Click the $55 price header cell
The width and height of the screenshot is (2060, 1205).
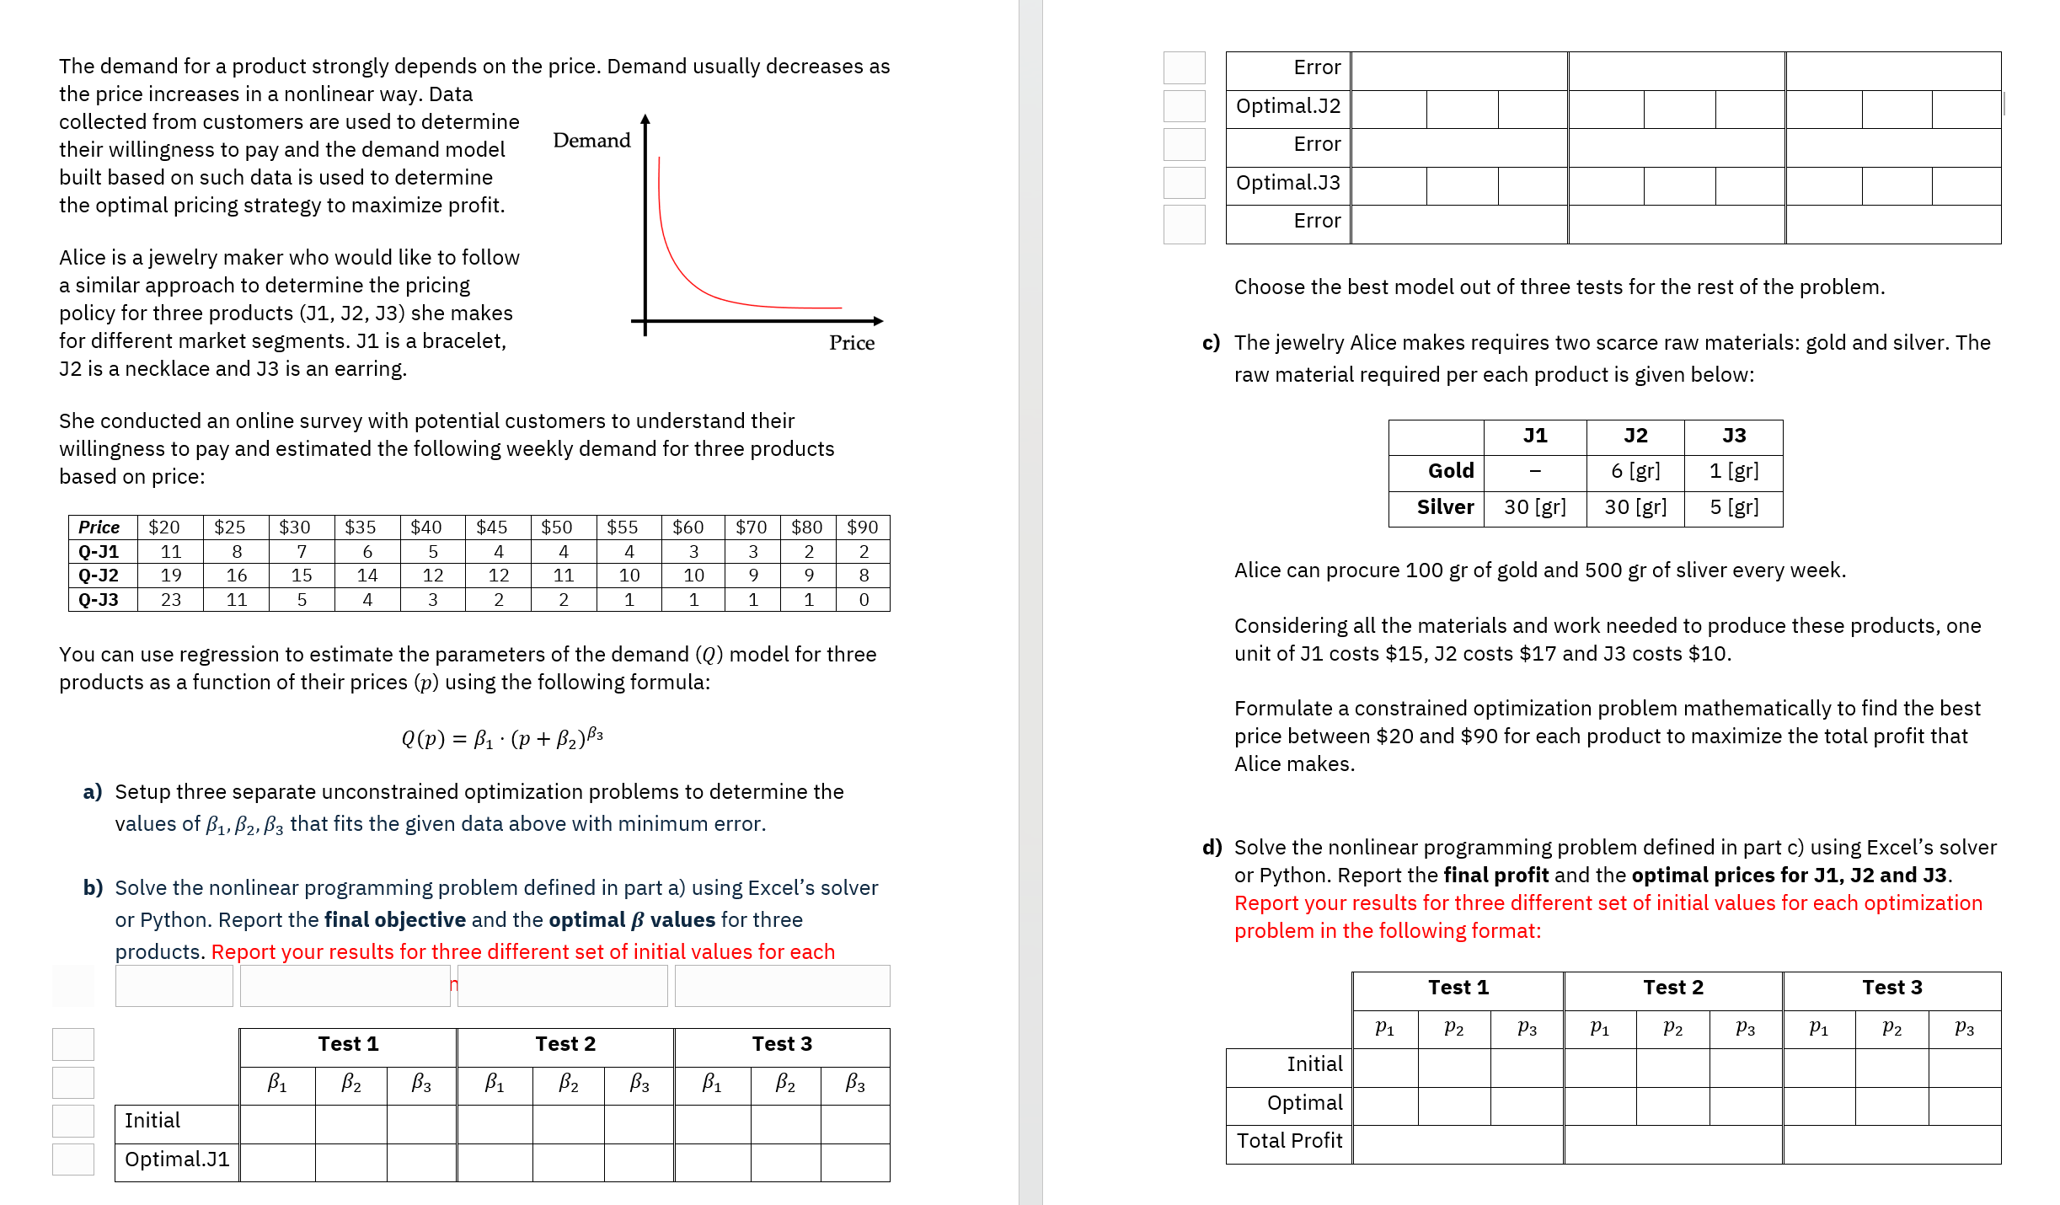pyautogui.click(x=623, y=528)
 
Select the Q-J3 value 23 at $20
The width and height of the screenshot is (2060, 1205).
pyautogui.click(x=171, y=600)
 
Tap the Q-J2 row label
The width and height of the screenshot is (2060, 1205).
pyautogui.click(x=99, y=576)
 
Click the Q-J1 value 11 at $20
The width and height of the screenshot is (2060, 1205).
pyautogui.click(x=171, y=552)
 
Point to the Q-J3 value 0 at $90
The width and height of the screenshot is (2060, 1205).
pyautogui.click(x=864, y=600)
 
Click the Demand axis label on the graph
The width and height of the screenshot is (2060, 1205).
pyautogui.click(x=591, y=141)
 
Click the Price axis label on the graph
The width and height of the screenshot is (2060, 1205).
pyautogui.click(x=851, y=343)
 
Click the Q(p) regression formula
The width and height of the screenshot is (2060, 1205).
pyautogui.click(x=502, y=738)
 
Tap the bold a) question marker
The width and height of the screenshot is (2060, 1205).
pyautogui.click(x=93, y=792)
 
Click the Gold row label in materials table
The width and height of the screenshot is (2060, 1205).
pyautogui.click(x=1450, y=471)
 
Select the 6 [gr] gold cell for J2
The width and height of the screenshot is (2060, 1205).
pyautogui.click(x=1635, y=471)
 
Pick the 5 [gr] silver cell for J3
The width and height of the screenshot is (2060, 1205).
pyautogui.click(x=1733, y=507)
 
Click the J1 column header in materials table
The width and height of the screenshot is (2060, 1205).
pyautogui.click(x=1534, y=436)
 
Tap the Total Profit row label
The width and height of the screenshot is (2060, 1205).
pyautogui.click(x=1289, y=1141)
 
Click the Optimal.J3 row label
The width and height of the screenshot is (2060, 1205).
pyautogui.click(x=1287, y=183)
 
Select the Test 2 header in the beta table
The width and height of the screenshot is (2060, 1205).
pyautogui.click(x=565, y=1044)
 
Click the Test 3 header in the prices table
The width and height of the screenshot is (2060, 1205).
pyautogui.click(x=1891, y=988)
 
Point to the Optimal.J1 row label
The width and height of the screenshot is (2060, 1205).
pyautogui.click(x=177, y=1159)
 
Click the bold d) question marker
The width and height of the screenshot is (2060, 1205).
pyautogui.click(x=1212, y=848)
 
